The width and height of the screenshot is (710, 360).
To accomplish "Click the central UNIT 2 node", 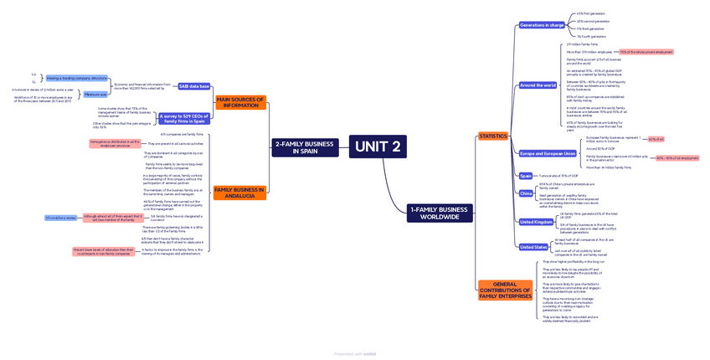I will click(378, 147).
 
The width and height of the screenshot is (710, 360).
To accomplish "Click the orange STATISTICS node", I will click(492, 136).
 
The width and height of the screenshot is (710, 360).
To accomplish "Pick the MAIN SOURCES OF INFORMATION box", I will click(240, 102).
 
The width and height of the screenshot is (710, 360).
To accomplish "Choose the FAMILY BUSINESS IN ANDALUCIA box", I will click(239, 193).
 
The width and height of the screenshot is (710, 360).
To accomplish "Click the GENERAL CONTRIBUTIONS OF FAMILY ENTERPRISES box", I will click(505, 290).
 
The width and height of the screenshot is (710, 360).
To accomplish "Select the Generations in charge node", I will click(542, 25).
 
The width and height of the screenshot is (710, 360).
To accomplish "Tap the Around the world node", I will click(538, 85).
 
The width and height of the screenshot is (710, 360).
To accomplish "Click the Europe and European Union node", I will click(548, 153).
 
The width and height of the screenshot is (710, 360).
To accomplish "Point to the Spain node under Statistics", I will click(526, 176).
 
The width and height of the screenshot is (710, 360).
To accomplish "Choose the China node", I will click(526, 193).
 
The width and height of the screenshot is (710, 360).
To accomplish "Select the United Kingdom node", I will click(537, 222).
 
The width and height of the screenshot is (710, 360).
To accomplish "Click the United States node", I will click(533, 247).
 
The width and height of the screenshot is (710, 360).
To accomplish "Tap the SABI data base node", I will click(194, 86).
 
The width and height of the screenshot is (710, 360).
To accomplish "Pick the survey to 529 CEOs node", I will click(183, 118).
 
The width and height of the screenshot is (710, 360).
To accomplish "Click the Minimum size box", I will click(95, 95).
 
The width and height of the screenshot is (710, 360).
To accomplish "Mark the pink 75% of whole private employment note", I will click(646, 52).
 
